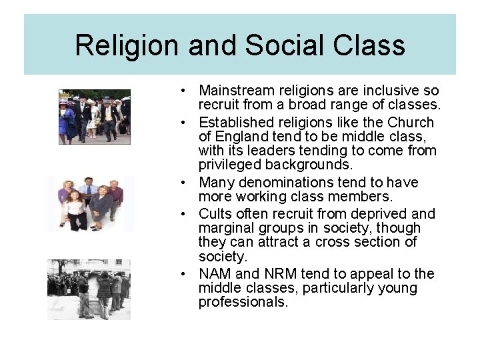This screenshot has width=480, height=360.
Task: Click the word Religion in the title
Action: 127,45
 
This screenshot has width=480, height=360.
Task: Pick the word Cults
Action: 214,214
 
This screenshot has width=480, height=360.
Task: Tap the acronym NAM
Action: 215,274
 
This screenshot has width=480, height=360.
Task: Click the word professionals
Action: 243,302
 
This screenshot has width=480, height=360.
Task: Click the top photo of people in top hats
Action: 94,116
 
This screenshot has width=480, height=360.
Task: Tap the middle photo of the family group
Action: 90,204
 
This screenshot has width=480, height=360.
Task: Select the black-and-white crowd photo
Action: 89,289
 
